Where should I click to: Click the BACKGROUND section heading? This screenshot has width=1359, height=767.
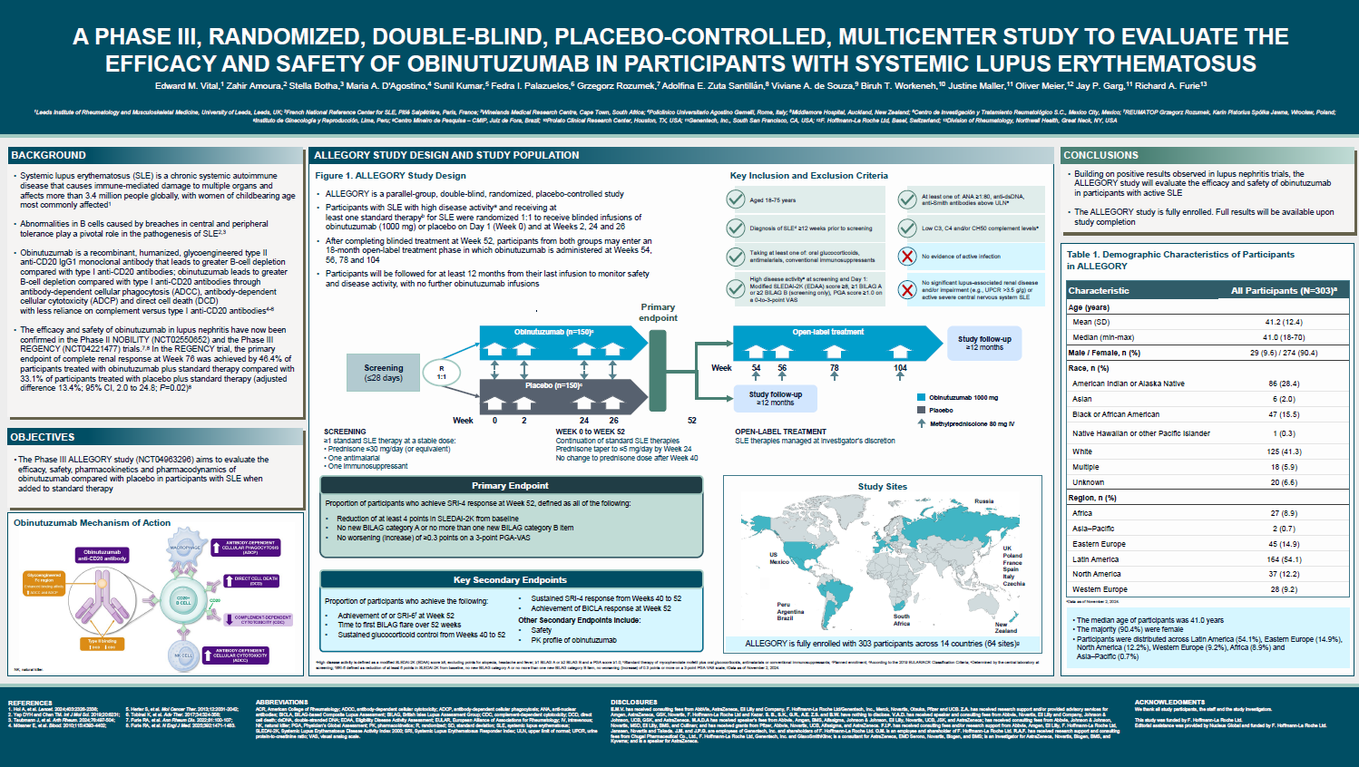point(49,155)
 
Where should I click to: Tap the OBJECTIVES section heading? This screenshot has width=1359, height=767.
point(43,437)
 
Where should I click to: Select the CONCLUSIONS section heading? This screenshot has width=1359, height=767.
point(1100,155)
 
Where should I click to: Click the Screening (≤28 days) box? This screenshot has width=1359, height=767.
point(383,373)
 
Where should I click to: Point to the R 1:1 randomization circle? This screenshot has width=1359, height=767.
point(442,373)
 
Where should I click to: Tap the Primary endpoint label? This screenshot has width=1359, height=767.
point(658,312)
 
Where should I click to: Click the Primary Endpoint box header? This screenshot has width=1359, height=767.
point(510,486)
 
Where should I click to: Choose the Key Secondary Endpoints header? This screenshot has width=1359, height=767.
point(510,580)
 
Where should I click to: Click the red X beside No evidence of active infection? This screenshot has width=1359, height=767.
point(907,257)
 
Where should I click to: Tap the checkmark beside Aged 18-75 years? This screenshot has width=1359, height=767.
point(736,199)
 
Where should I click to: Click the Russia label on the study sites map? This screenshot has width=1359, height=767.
point(983,501)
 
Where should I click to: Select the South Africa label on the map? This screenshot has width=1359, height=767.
point(901,620)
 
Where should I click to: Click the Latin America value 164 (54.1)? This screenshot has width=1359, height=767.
point(1284,559)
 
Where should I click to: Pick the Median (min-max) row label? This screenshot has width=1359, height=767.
point(1102,337)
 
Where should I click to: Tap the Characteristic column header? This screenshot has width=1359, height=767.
point(1099,291)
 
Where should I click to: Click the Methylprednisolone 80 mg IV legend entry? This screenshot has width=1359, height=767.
point(972,423)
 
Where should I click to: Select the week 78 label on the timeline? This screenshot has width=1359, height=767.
point(834,368)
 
